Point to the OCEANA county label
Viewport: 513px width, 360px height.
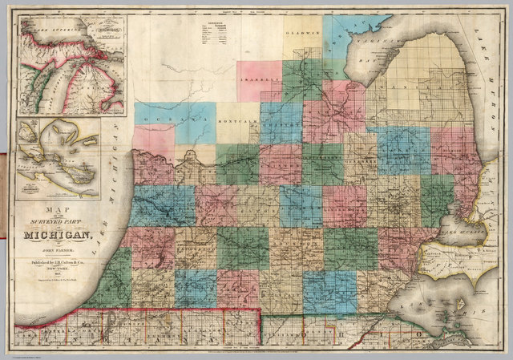pyautogui.click(x=160, y=119)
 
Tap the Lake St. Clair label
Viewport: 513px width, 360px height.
pyautogui.click(x=458, y=228)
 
